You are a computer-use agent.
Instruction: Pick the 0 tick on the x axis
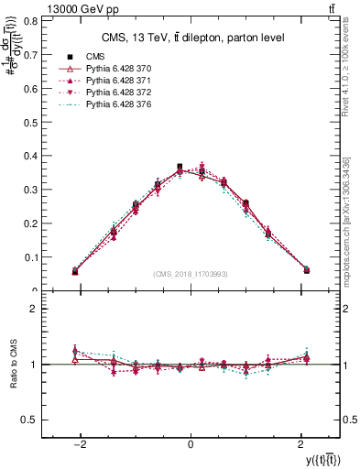(190, 444)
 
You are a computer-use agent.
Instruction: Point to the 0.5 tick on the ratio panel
(32, 420)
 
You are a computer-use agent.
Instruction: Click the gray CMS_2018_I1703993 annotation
(191, 275)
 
